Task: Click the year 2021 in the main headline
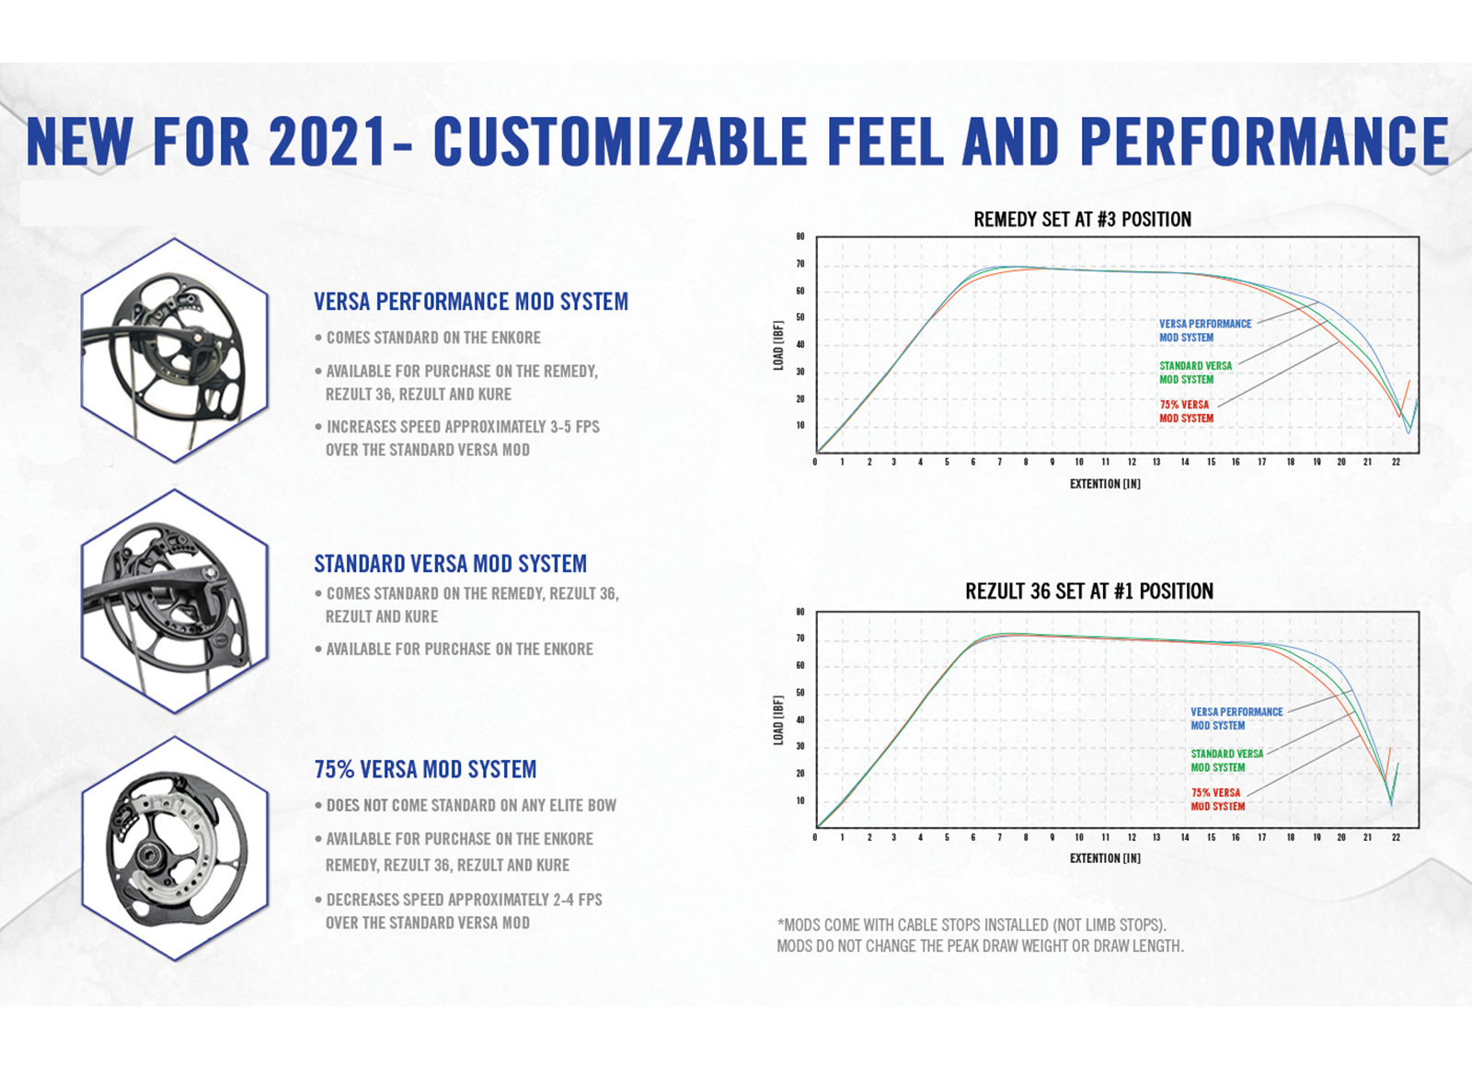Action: click(x=328, y=143)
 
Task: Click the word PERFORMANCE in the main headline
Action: click(x=1265, y=143)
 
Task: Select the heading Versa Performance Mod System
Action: click(x=471, y=302)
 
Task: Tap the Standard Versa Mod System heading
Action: click(x=450, y=564)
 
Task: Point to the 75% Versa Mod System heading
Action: click(x=425, y=769)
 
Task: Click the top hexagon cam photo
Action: click(x=174, y=350)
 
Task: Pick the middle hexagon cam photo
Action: click(x=174, y=602)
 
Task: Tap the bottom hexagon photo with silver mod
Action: click(x=174, y=849)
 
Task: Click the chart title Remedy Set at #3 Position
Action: click(x=1082, y=220)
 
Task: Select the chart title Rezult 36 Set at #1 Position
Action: click(x=1088, y=592)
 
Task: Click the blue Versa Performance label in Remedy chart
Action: click(x=1204, y=330)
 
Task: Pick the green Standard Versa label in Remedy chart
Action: click(x=1195, y=373)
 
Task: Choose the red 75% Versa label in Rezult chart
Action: click(x=1217, y=799)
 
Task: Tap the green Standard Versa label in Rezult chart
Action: click(x=1226, y=760)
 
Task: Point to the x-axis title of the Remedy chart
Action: click(x=1104, y=484)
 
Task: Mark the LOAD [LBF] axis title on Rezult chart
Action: click(x=778, y=719)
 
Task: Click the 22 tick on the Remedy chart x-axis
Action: click(x=1396, y=462)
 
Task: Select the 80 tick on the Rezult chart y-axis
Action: click(x=800, y=612)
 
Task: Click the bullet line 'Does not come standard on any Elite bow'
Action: click(x=471, y=806)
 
